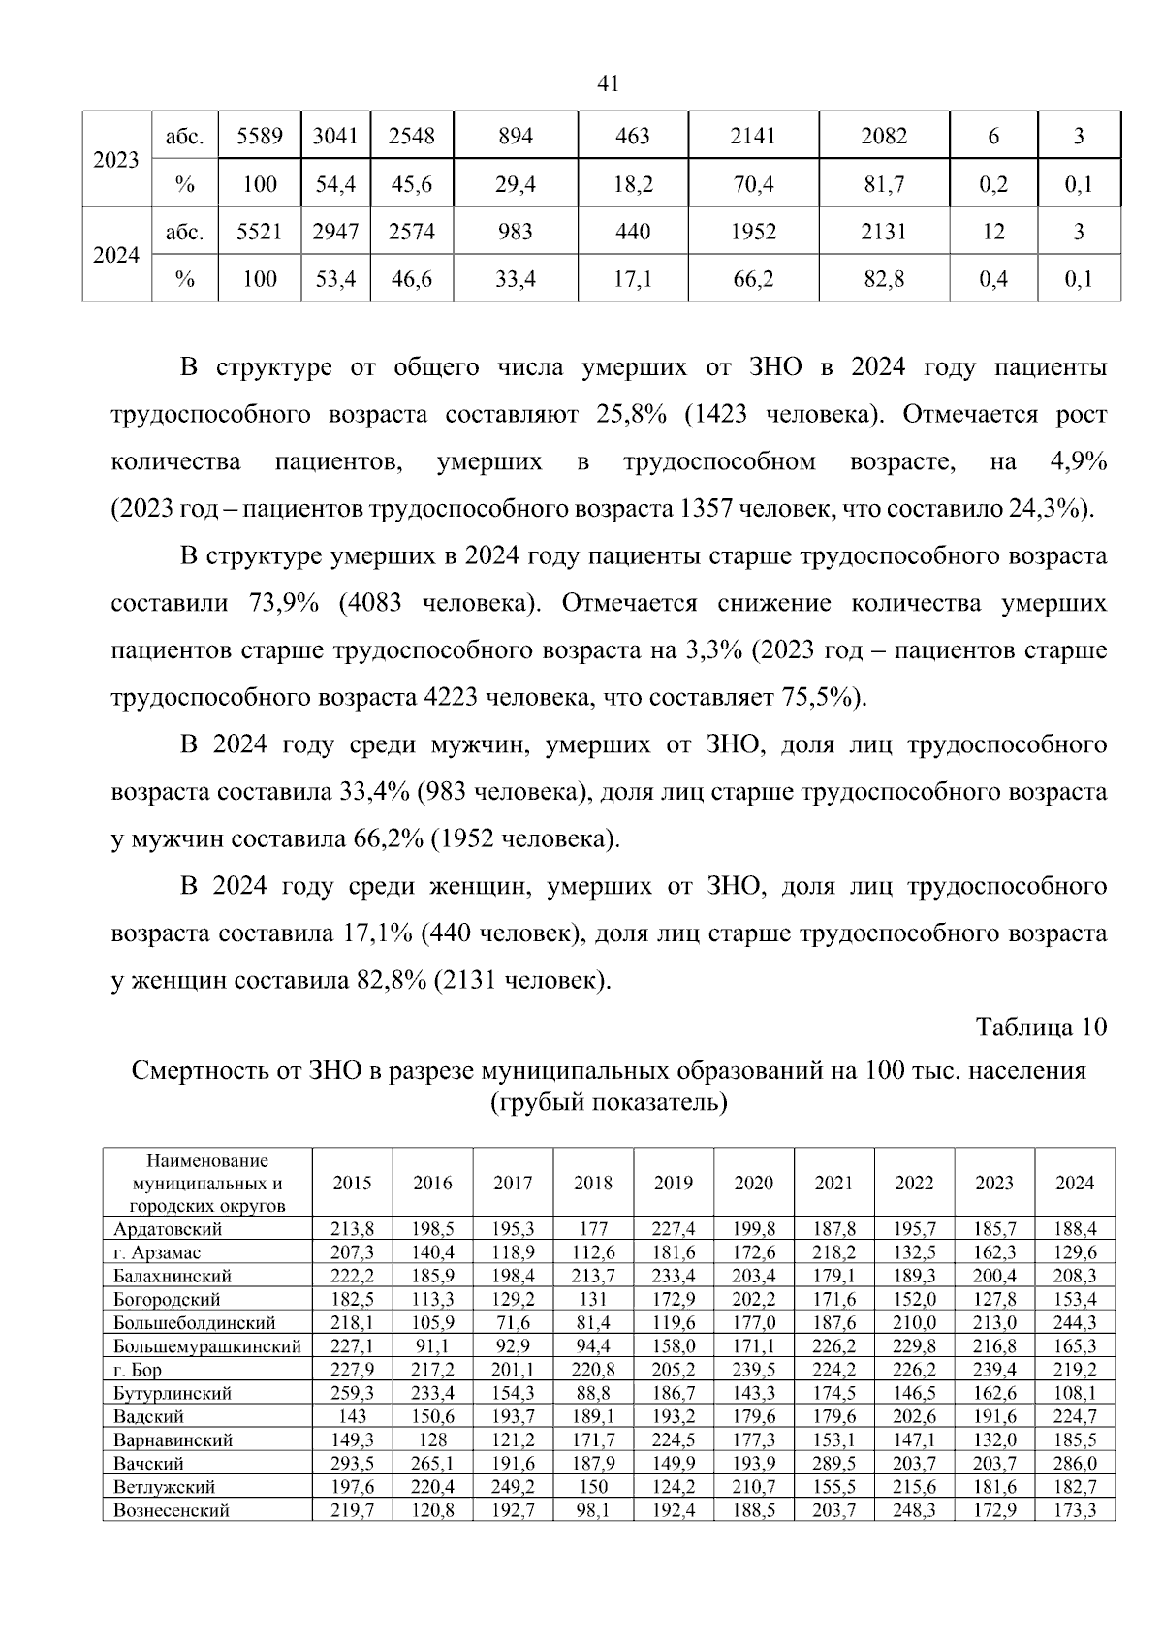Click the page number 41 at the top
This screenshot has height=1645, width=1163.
(608, 84)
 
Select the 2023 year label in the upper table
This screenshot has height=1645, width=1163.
(116, 160)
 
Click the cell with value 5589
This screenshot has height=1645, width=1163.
(260, 137)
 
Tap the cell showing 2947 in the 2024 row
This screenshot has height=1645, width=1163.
(335, 232)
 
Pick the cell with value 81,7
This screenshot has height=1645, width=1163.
(884, 184)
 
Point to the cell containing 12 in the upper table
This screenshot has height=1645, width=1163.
(993, 232)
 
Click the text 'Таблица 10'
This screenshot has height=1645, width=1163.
(1041, 1027)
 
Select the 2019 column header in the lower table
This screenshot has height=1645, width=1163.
(674, 1183)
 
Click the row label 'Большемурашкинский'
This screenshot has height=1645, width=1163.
(207, 1346)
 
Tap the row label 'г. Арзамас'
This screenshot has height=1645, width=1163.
(157, 1252)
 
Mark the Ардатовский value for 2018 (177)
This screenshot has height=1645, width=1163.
(593, 1229)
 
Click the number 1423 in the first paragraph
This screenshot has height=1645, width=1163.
(720, 415)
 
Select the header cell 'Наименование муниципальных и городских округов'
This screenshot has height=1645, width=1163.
(207, 1183)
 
